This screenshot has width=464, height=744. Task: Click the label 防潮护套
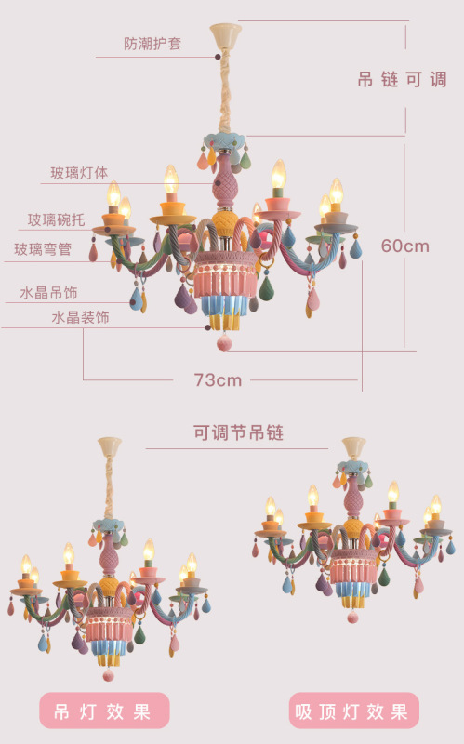pyautogui.click(x=152, y=44)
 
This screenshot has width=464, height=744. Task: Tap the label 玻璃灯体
pyautogui.click(x=79, y=173)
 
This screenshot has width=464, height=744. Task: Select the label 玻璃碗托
pyautogui.click(x=56, y=219)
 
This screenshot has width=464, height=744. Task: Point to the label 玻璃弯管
pyautogui.click(x=43, y=249)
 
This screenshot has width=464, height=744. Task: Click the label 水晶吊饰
pyautogui.click(x=48, y=292)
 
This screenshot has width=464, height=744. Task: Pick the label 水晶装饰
pyautogui.click(x=80, y=317)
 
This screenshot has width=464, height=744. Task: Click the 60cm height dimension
pyautogui.click(x=404, y=246)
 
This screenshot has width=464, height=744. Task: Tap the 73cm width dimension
pyautogui.click(x=218, y=379)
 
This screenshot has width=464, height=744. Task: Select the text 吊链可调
pyautogui.click(x=402, y=79)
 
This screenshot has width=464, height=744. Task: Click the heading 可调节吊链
pyautogui.click(x=238, y=432)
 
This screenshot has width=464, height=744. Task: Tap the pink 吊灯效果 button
pyautogui.click(x=104, y=711)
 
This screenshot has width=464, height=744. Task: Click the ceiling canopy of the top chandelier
pyautogui.click(x=226, y=36)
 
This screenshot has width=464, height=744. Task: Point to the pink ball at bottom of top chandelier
pyautogui.click(x=224, y=342)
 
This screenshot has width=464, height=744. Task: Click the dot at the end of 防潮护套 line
pyautogui.click(x=218, y=57)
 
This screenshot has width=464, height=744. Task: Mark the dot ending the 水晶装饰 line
pyautogui.click(x=207, y=327)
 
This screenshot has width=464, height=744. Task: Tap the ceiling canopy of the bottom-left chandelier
pyautogui.click(x=110, y=447)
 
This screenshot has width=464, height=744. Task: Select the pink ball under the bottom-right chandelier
pyautogui.click(x=352, y=618)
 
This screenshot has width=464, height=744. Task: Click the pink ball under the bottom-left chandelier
pyautogui.click(x=108, y=675)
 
